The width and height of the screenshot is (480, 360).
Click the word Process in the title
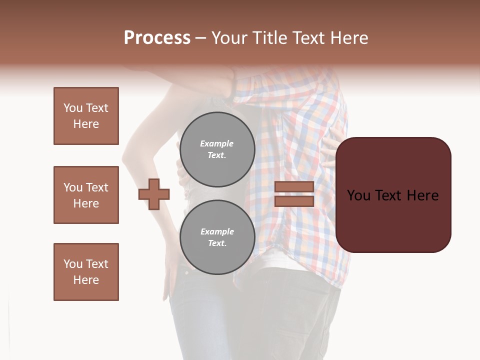click(157, 38)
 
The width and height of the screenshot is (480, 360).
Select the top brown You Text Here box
click(86, 116)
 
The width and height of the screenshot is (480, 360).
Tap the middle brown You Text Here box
click(86, 195)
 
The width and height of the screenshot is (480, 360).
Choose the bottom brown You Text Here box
click(86, 272)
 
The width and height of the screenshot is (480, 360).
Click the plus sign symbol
click(154, 194)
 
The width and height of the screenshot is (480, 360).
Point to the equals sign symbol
click(294, 194)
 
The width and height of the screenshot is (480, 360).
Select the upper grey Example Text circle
click(217, 149)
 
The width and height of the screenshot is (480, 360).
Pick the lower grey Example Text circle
click(217, 237)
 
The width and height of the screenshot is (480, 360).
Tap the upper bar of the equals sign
click(294, 187)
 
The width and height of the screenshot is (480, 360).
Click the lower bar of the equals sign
click(294, 201)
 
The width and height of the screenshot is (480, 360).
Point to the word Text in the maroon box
click(393, 195)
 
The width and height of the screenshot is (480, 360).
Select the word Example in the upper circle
click(217, 144)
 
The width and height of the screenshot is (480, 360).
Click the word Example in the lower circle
click(217, 232)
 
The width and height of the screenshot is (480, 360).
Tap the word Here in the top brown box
click(86, 124)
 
